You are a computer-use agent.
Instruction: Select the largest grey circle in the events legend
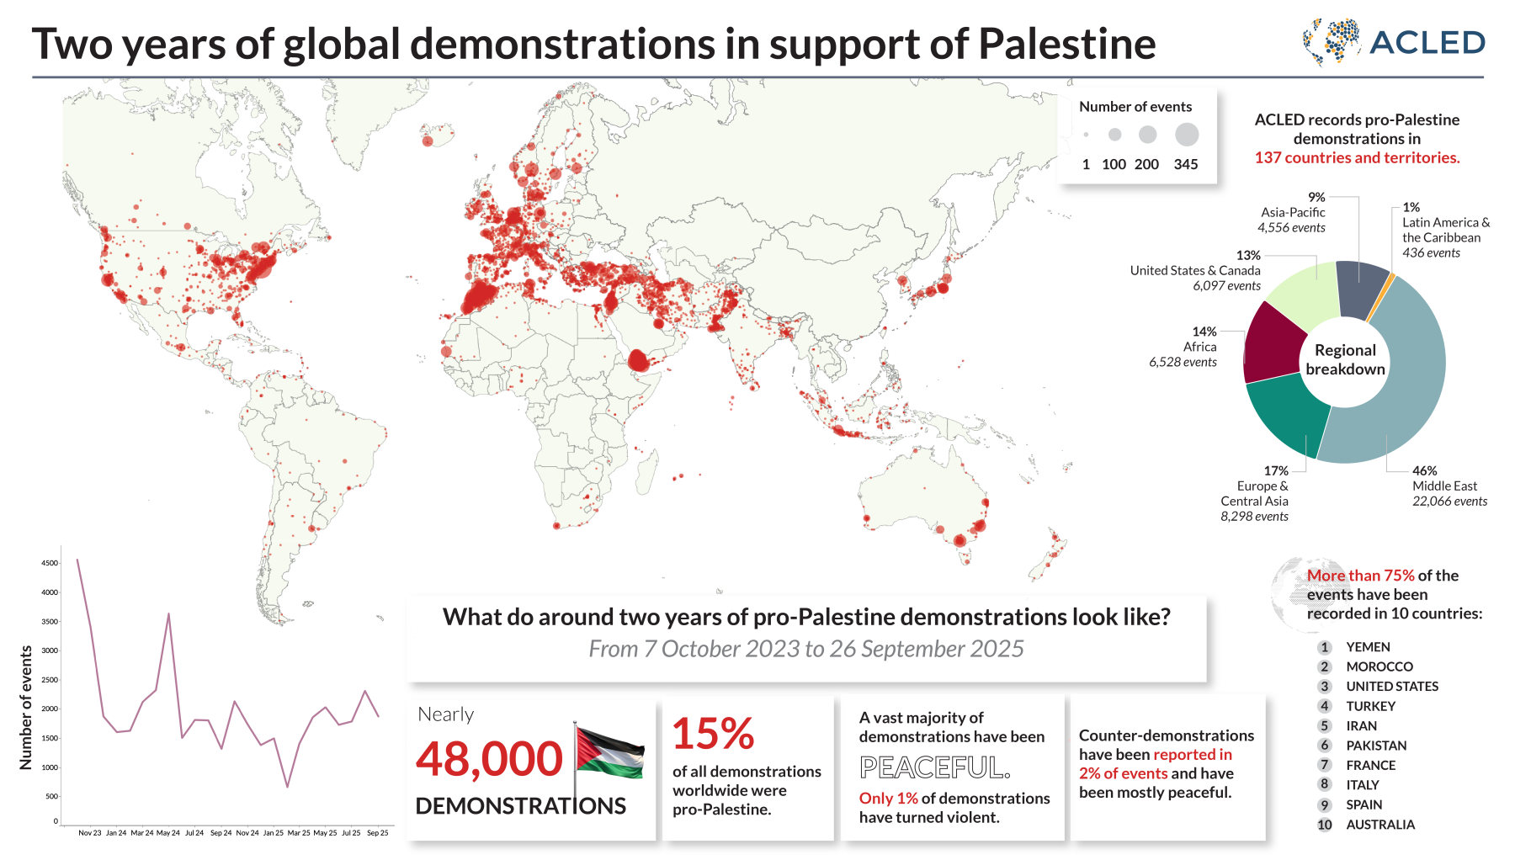(x=1187, y=135)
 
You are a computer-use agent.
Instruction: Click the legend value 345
(x=1185, y=164)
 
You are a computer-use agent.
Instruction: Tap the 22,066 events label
(x=1449, y=502)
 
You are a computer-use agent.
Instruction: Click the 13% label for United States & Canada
(x=1248, y=255)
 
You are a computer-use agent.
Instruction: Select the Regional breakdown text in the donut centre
(x=1345, y=360)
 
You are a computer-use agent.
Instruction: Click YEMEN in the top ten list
(x=1368, y=647)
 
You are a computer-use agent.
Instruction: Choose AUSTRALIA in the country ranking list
(x=1380, y=825)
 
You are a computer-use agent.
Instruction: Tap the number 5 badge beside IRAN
(x=1325, y=726)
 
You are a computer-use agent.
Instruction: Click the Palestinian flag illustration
(x=610, y=751)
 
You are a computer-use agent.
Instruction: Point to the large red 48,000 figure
(x=489, y=759)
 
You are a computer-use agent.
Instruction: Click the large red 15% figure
(x=713, y=734)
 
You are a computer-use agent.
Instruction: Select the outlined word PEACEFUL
(x=934, y=767)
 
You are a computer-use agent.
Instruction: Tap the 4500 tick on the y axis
(x=50, y=563)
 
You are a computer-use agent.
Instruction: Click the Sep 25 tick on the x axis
(x=378, y=833)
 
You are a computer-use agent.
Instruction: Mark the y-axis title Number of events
(x=26, y=707)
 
